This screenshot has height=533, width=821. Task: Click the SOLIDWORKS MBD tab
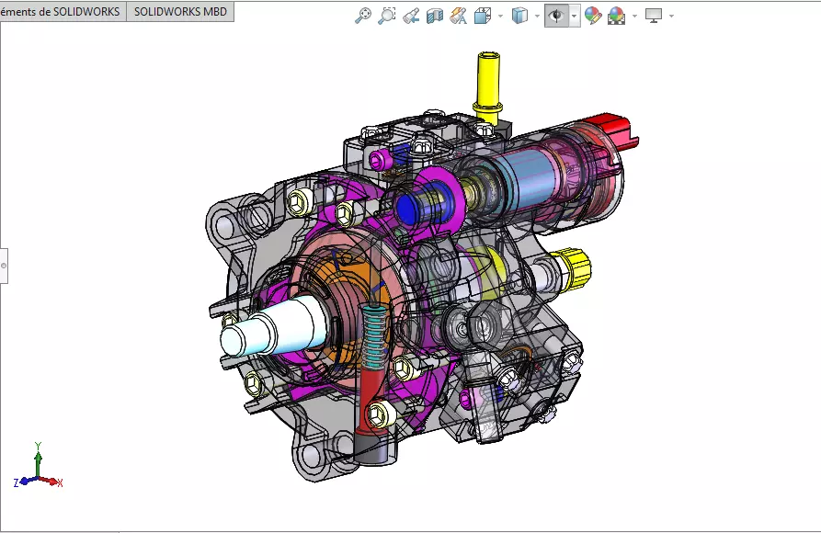tap(180, 12)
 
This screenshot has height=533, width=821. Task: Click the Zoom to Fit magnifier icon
tap(363, 16)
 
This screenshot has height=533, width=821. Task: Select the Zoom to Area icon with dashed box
tap(387, 16)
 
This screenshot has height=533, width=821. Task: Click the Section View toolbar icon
tap(435, 16)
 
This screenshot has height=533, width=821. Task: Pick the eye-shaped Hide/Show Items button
tap(556, 16)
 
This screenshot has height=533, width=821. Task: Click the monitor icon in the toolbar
tap(654, 16)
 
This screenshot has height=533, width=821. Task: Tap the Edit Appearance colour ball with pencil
tap(593, 16)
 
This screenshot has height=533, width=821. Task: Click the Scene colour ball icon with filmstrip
tap(616, 16)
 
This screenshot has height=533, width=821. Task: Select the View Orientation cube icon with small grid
tap(483, 16)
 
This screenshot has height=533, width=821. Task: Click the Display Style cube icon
tap(519, 16)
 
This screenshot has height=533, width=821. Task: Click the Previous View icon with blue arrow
tap(411, 16)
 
